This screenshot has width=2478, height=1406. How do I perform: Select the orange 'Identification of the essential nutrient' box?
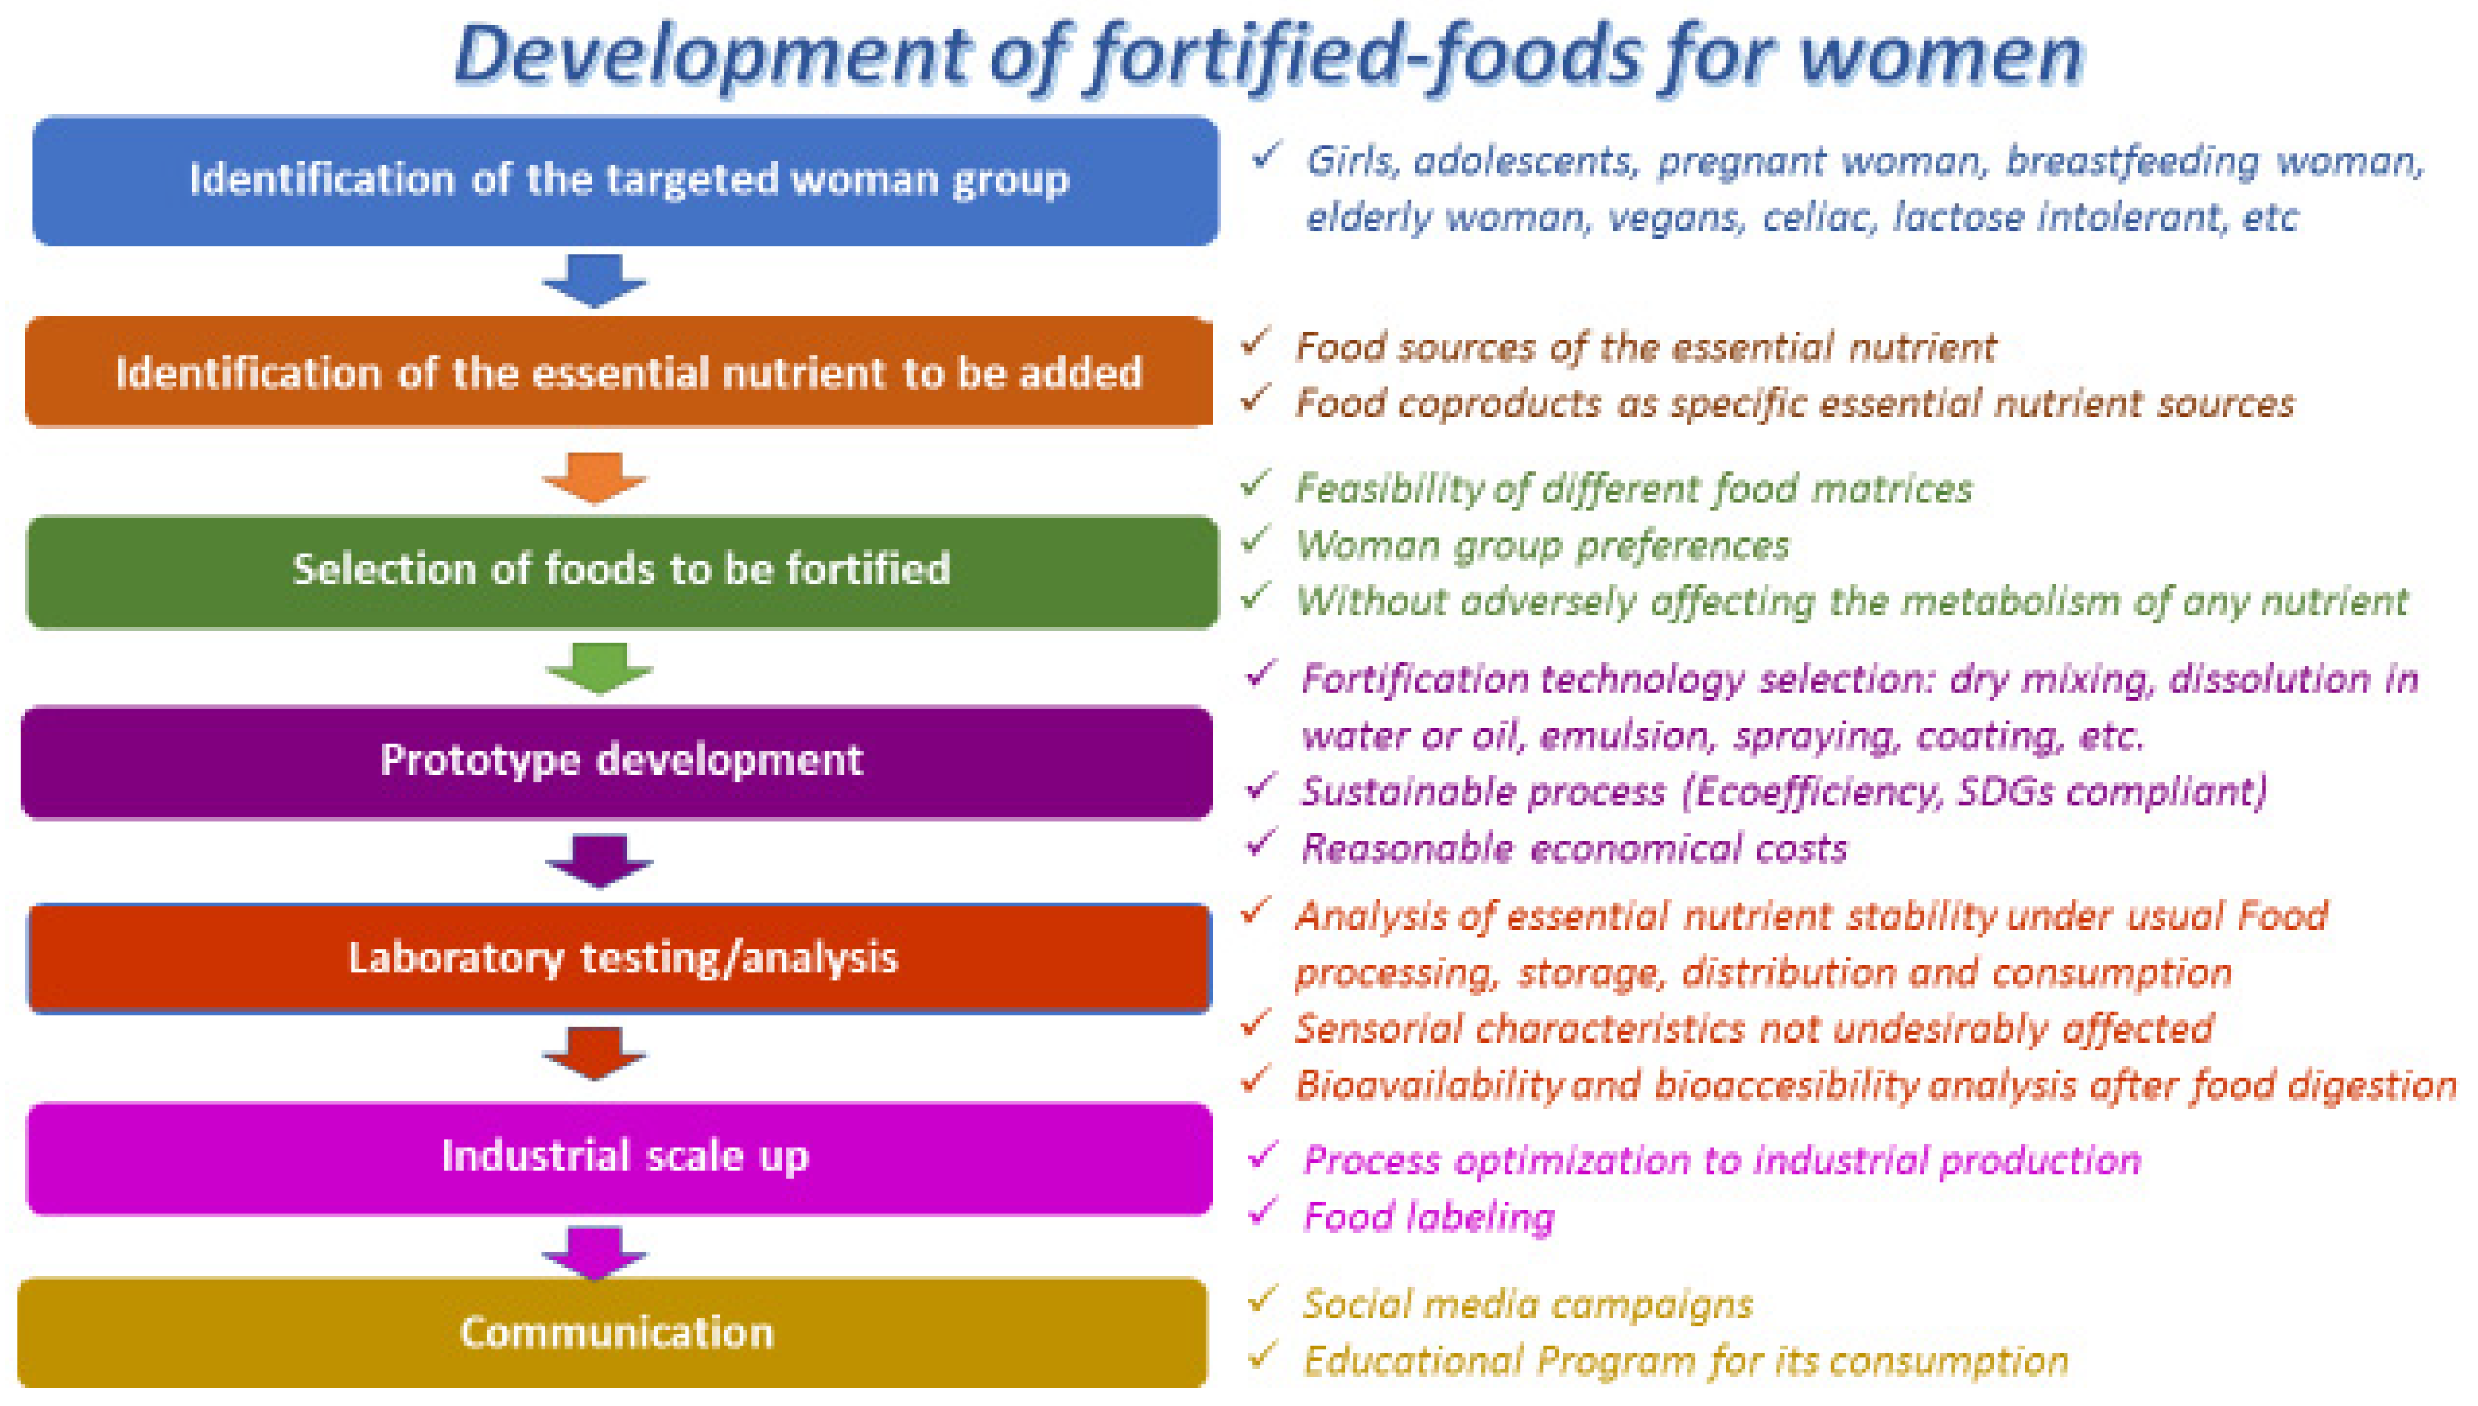click(x=619, y=372)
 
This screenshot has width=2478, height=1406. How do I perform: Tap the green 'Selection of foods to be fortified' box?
click(x=621, y=570)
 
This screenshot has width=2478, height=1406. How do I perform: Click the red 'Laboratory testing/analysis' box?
click(x=619, y=958)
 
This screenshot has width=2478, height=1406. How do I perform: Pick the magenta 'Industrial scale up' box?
click(x=619, y=1157)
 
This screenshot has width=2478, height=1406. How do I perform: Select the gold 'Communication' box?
click(x=612, y=1332)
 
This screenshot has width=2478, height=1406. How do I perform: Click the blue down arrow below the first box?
click(x=594, y=280)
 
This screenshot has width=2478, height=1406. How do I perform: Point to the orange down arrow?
click(x=594, y=476)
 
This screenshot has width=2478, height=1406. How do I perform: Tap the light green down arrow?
click(x=599, y=667)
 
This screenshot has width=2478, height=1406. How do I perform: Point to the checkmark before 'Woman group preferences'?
click(x=1255, y=541)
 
